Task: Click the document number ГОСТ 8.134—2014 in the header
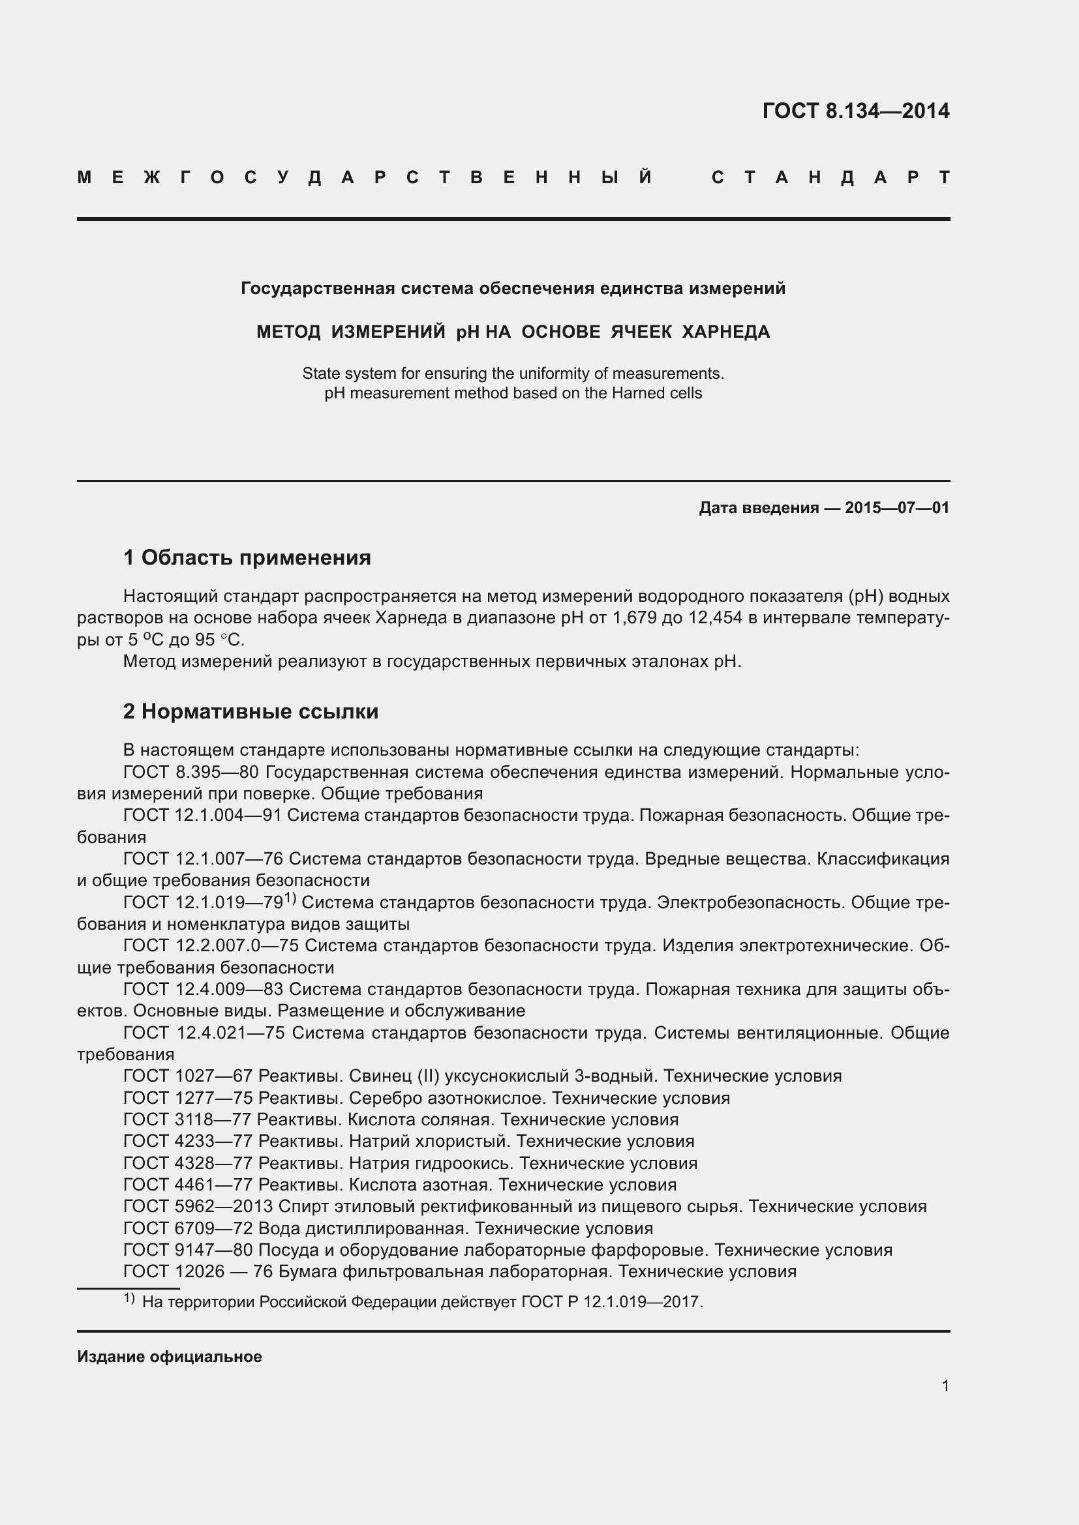(856, 110)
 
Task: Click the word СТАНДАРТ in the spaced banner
(830, 177)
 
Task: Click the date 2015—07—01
(897, 508)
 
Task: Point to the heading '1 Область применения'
(247, 557)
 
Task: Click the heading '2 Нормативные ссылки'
(251, 711)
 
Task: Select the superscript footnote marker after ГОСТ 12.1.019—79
(290, 898)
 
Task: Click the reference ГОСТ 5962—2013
(198, 1206)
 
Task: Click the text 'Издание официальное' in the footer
(170, 1356)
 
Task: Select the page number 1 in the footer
(945, 1385)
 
